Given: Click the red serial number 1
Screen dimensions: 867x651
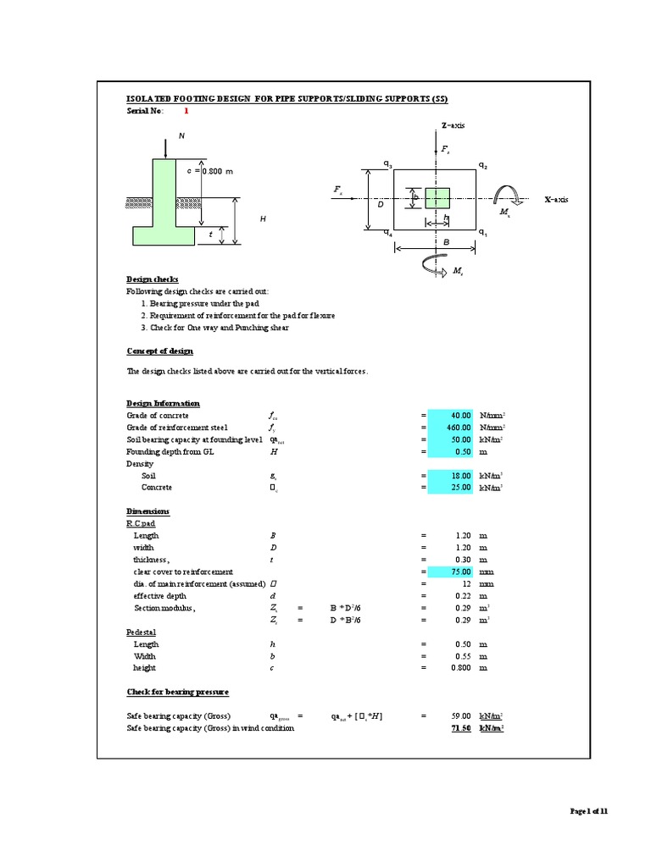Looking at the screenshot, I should click(x=186, y=111).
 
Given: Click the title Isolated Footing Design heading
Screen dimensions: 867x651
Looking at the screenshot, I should click(x=287, y=98).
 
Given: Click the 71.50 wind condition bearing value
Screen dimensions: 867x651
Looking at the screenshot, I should click(x=461, y=728).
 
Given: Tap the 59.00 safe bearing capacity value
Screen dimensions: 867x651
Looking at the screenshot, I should click(x=459, y=716).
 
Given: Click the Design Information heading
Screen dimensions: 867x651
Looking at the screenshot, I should click(x=163, y=404).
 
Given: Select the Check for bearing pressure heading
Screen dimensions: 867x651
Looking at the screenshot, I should click(x=177, y=692).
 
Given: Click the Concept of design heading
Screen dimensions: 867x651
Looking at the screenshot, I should click(x=159, y=351).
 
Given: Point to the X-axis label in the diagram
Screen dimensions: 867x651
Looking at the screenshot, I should click(x=556, y=199).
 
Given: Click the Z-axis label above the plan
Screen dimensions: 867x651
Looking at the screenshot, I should click(x=453, y=125).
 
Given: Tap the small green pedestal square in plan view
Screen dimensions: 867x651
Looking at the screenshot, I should click(x=437, y=198).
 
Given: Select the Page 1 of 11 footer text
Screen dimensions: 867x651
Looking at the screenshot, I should click(x=588, y=811).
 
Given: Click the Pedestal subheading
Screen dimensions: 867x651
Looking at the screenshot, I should click(x=142, y=632).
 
